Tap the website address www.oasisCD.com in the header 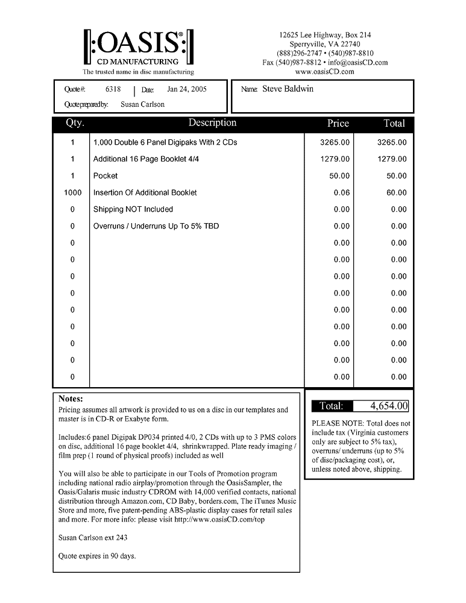click(325, 72)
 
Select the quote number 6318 click(113, 89)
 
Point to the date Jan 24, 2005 click(187, 89)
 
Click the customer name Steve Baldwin click(288, 89)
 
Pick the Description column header click(212, 123)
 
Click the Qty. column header click(75, 123)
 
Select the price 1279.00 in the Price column click(335, 159)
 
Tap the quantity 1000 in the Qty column click(72, 193)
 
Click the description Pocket click(105, 176)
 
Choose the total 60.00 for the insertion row click(397, 193)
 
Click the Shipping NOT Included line click(133, 210)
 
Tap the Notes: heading click(71, 399)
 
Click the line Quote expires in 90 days click(97, 556)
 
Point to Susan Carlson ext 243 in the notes click(93, 537)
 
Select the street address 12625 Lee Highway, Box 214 click(325, 36)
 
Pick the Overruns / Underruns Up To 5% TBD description click(156, 227)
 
